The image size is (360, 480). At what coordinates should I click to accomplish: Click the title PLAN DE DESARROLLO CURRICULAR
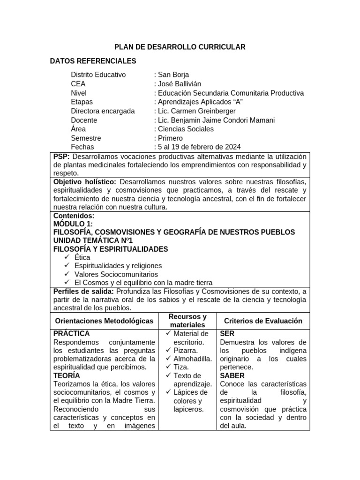coord(180,47)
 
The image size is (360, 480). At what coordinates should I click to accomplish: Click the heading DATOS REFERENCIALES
coord(93,61)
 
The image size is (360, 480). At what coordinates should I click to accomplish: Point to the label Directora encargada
coord(103,111)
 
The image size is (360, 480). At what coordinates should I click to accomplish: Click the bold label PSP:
coord(61,156)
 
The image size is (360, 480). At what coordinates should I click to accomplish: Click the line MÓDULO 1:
coord(73,224)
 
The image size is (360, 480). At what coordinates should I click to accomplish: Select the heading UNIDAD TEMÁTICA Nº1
coord(93,240)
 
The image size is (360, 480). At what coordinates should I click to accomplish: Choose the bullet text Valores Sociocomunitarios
coord(116,274)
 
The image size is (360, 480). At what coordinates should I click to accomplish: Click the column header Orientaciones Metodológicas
coord(104,321)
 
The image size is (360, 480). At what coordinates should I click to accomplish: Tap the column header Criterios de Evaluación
coord(263,321)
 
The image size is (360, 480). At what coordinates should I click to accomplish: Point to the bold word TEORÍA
coord(67,375)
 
